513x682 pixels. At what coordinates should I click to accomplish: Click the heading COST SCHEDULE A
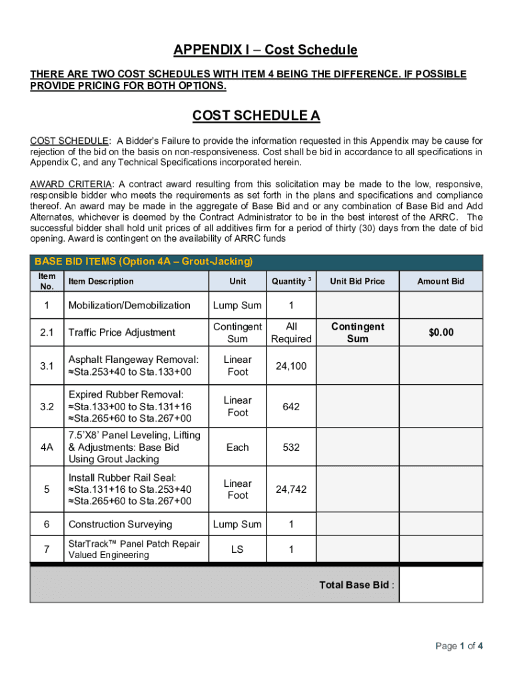click(256, 116)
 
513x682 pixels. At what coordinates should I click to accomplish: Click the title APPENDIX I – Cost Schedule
click(265, 50)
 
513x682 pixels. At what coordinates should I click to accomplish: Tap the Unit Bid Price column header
click(357, 281)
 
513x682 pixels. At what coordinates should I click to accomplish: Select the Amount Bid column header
click(440, 281)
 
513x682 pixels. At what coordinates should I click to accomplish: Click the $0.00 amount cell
click(440, 332)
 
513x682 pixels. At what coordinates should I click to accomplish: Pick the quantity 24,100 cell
click(290, 366)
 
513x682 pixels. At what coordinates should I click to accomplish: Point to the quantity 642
click(290, 406)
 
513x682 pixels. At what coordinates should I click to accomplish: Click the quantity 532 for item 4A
click(290, 448)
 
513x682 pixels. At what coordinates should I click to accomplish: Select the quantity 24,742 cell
click(290, 490)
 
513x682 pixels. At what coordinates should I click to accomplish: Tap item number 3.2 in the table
click(47, 406)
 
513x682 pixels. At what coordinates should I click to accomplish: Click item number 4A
click(47, 448)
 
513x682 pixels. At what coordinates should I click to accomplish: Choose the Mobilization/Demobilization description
click(129, 306)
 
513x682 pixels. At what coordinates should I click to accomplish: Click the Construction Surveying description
click(120, 524)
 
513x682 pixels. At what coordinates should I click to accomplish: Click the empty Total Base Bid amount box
click(440, 585)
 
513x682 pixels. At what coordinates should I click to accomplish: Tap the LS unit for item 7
click(237, 549)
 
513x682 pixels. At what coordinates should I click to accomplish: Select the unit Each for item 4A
click(237, 448)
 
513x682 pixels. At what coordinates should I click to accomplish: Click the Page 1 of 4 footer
click(458, 646)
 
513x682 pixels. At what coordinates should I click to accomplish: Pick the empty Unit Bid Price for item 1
click(357, 306)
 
